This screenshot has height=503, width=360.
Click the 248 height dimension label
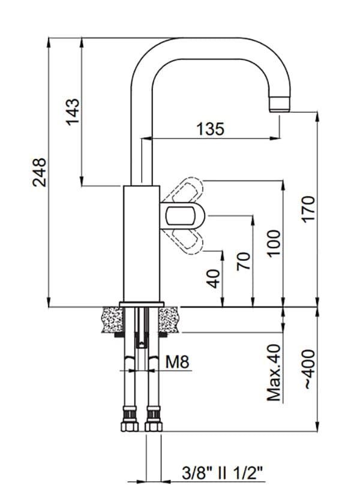coord(39,171)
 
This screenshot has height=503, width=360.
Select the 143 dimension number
coord(73,112)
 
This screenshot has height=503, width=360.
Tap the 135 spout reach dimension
coord(210,128)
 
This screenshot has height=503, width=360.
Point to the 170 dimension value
coord(308,209)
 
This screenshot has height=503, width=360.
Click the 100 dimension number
coord(274,243)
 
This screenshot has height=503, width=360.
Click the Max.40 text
coord(274,372)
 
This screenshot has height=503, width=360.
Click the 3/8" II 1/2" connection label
coord(223,474)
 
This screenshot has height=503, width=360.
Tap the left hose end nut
coord(128,419)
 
